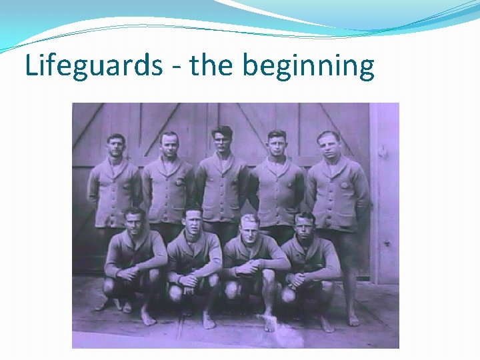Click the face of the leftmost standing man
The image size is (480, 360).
point(116,145)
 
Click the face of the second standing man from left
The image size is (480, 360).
point(169,145)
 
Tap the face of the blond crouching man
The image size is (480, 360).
point(249,226)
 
